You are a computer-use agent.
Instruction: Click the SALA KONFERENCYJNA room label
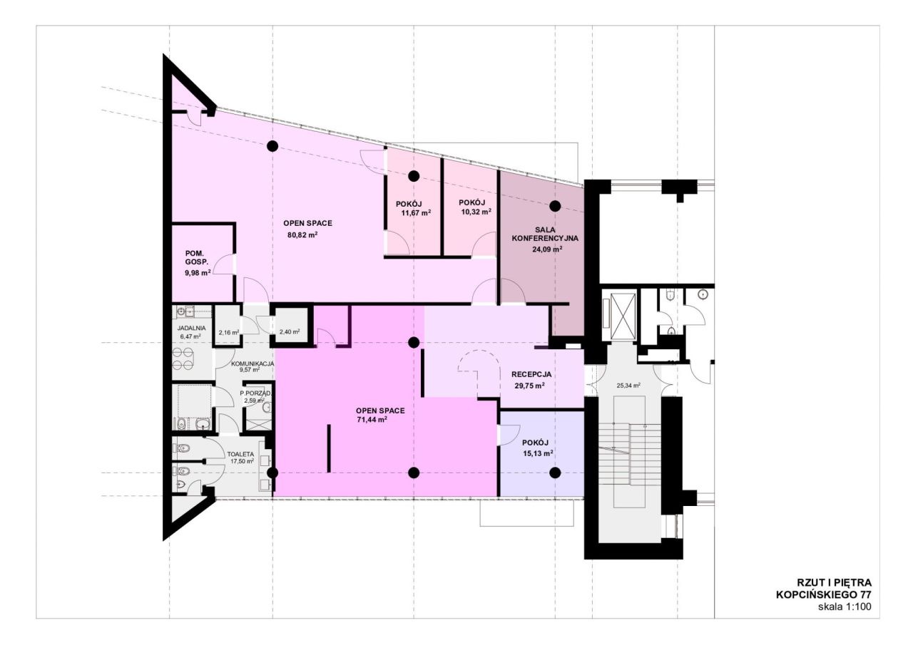[x=545, y=234]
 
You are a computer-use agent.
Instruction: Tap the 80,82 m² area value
[x=302, y=235]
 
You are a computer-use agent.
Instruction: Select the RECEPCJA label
[x=531, y=374]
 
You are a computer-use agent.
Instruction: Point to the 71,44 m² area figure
[x=372, y=419]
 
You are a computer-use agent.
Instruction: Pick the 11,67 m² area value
[x=416, y=212]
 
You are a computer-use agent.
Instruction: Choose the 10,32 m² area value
[x=476, y=212]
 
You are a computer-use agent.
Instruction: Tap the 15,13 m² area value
[x=538, y=453]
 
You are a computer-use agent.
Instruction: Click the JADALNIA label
[x=191, y=328]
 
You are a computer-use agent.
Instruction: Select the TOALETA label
[x=240, y=454]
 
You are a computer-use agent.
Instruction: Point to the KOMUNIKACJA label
[x=253, y=363]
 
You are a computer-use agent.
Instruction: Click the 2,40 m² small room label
[x=290, y=332]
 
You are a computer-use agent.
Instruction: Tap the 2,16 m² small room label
[x=228, y=332]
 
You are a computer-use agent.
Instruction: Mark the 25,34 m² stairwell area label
[x=628, y=385]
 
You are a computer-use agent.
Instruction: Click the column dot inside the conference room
[x=555, y=206]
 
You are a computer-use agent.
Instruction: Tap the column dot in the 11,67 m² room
[x=414, y=176]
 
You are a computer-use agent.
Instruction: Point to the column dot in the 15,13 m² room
[x=555, y=473]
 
